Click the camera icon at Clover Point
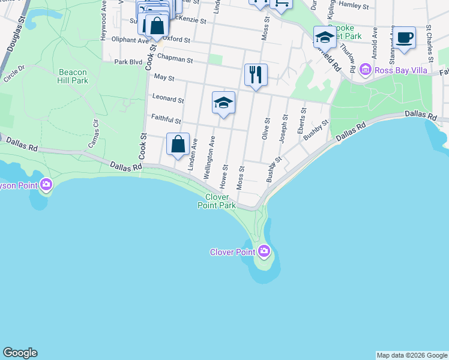264,251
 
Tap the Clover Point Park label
217,201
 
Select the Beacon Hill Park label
73,76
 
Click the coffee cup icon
404,37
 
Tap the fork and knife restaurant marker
256,74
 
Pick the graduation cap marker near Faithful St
223,103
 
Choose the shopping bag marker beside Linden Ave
178,145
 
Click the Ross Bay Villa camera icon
365,71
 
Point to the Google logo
20,353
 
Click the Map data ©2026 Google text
411,355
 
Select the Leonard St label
168,98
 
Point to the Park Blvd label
128,62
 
